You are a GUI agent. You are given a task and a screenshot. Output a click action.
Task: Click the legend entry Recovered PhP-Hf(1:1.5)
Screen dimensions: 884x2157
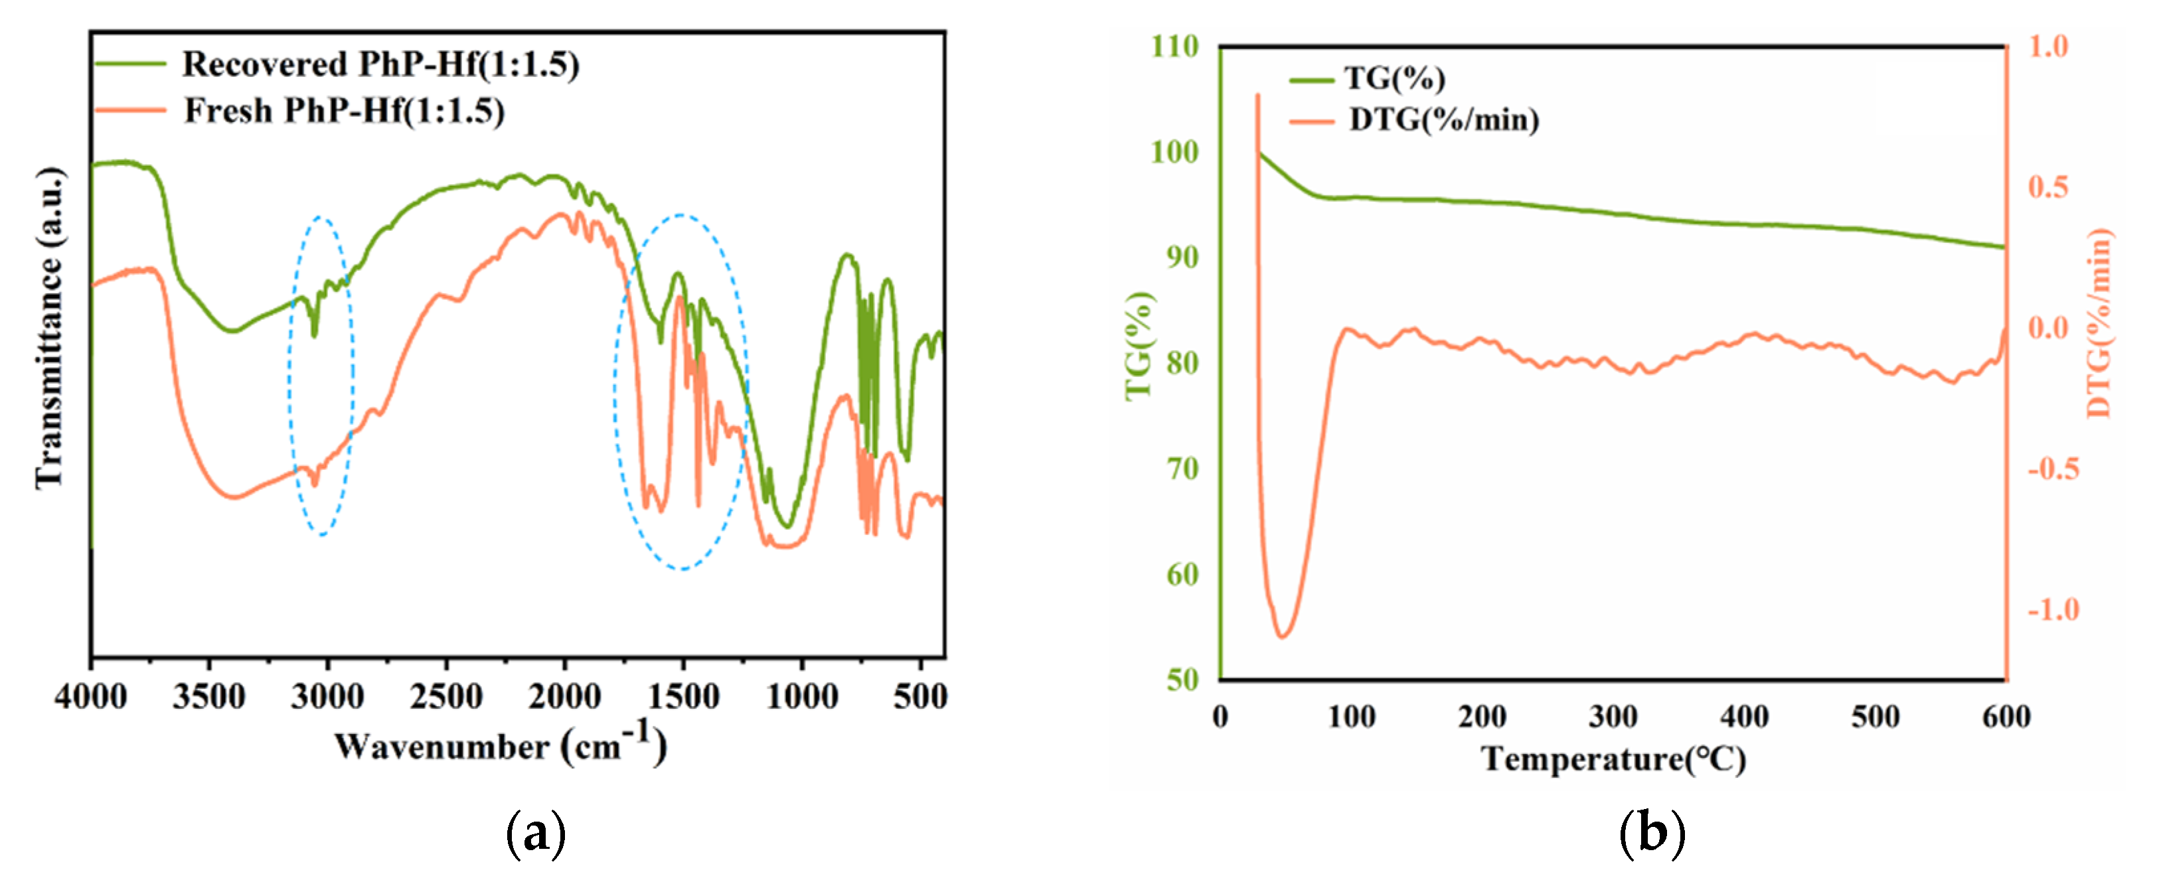(x=381, y=64)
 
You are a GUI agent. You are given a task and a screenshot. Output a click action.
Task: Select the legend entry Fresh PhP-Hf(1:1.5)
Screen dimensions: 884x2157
(x=344, y=110)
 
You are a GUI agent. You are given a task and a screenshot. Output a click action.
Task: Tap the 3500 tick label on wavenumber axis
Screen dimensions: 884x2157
(x=209, y=696)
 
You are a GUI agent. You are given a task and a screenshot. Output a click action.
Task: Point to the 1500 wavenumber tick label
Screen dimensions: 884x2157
(x=683, y=696)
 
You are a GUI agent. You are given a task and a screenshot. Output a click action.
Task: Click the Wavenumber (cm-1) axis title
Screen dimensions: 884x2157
(x=500, y=745)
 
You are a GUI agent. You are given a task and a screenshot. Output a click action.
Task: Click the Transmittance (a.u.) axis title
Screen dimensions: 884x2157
(x=48, y=327)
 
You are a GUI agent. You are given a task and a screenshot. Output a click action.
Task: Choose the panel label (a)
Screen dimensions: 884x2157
(x=536, y=834)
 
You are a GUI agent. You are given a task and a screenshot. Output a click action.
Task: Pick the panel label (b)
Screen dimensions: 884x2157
(x=1652, y=834)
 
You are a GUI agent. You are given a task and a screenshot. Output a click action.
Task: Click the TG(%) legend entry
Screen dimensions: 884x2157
(x=1394, y=79)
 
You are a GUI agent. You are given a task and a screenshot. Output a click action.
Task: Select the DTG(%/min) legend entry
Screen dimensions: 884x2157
(x=1443, y=119)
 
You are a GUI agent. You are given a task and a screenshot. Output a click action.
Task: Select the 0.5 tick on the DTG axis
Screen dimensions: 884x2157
(x=2048, y=186)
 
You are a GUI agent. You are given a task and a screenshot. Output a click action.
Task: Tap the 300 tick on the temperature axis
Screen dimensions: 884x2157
(x=1613, y=717)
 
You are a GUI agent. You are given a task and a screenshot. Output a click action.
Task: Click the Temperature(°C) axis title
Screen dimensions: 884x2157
(x=1613, y=759)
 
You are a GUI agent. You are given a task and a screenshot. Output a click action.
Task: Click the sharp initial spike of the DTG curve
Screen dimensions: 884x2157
(x=1257, y=97)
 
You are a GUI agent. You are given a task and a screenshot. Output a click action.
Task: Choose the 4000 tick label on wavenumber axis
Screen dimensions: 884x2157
(x=90, y=696)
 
